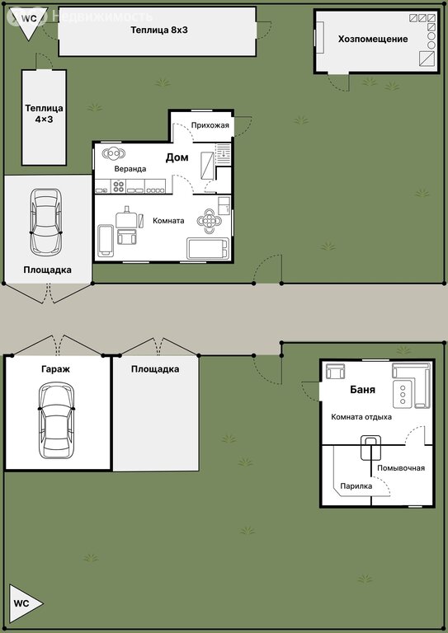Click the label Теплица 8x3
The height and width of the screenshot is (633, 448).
click(159, 30)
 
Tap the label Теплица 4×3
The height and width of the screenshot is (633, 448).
click(44, 114)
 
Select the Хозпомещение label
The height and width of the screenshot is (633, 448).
click(373, 40)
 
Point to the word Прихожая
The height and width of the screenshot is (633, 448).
click(210, 125)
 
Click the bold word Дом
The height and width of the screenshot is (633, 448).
click(177, 157)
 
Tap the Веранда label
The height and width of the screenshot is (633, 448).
click(130, 169)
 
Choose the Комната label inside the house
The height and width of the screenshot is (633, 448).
click(168, 221)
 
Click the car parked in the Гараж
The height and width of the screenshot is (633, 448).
click(57, 420)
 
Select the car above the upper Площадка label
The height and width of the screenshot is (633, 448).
click(46, 222)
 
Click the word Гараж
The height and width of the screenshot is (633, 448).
click(55, 369)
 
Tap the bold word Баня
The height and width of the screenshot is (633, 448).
click(362, 390)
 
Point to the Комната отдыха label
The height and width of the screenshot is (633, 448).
click(361, 417)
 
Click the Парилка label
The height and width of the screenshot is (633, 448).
click(356, 486)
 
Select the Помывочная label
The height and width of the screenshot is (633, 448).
click(401, 468)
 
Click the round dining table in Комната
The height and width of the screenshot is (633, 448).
click(210, 220)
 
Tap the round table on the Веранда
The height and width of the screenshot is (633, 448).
click(114, 153)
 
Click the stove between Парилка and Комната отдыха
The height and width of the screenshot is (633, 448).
click(370, 448)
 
